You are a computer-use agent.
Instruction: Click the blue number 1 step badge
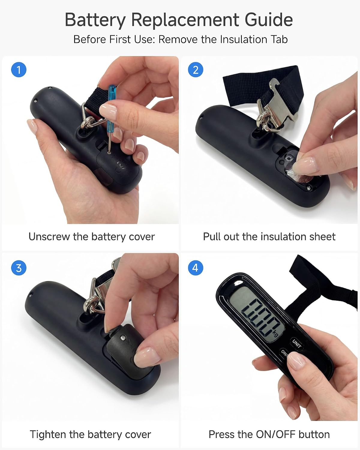[19, 70]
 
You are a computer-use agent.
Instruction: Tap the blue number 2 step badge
[196, 70]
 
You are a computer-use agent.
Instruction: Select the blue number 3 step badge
[19, 268]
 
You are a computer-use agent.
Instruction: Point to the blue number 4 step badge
[196, 268]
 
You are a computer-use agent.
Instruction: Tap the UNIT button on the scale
[297, 343]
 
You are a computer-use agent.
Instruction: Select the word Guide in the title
[268, 20]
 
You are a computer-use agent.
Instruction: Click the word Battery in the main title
[95, 20]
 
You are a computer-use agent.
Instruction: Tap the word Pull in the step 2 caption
[211, 237]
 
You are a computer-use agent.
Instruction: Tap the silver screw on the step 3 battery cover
[123, 337]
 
